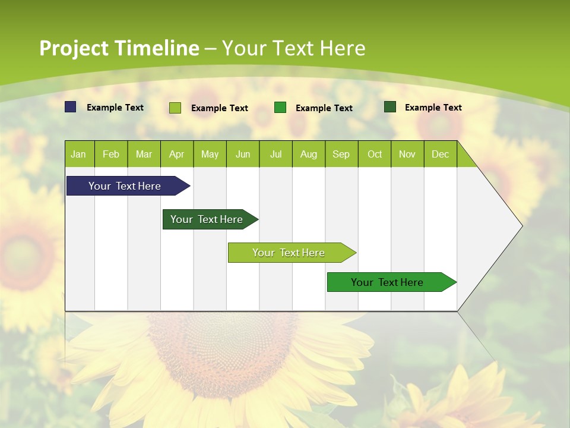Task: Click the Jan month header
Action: pyautogui.click(x=78, y=154)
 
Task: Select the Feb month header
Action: pyautogui.click(x=111, y=154)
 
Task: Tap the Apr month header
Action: pyautogui.click(x=176, y=154)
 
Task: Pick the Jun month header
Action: pyautogui.click(x=243, y=154)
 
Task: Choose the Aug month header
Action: pyautogui.click(x=308, y=154)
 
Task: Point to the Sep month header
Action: pyautogui.click(x=341, y=154)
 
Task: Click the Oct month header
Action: pyautogui.click(x=375, y=154)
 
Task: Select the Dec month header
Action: pyautogui.click(x=440, y=154)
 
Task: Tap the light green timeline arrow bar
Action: pyautogui.click(x=290, y=253)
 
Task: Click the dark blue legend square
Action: pyautogui.click(x=71, y=107)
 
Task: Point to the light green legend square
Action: pyautogui.click(x=175, y=108)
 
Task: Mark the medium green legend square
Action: pyautogui.click(x=280, y=108)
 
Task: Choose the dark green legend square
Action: pyautogui.click(x=390, y=107)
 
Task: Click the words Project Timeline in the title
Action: pyautogui.click(x=119, y=48)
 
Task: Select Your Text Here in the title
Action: pyautogui.click(x=293, y=48)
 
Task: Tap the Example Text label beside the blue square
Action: pyautogui.click(x=115, y=108)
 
